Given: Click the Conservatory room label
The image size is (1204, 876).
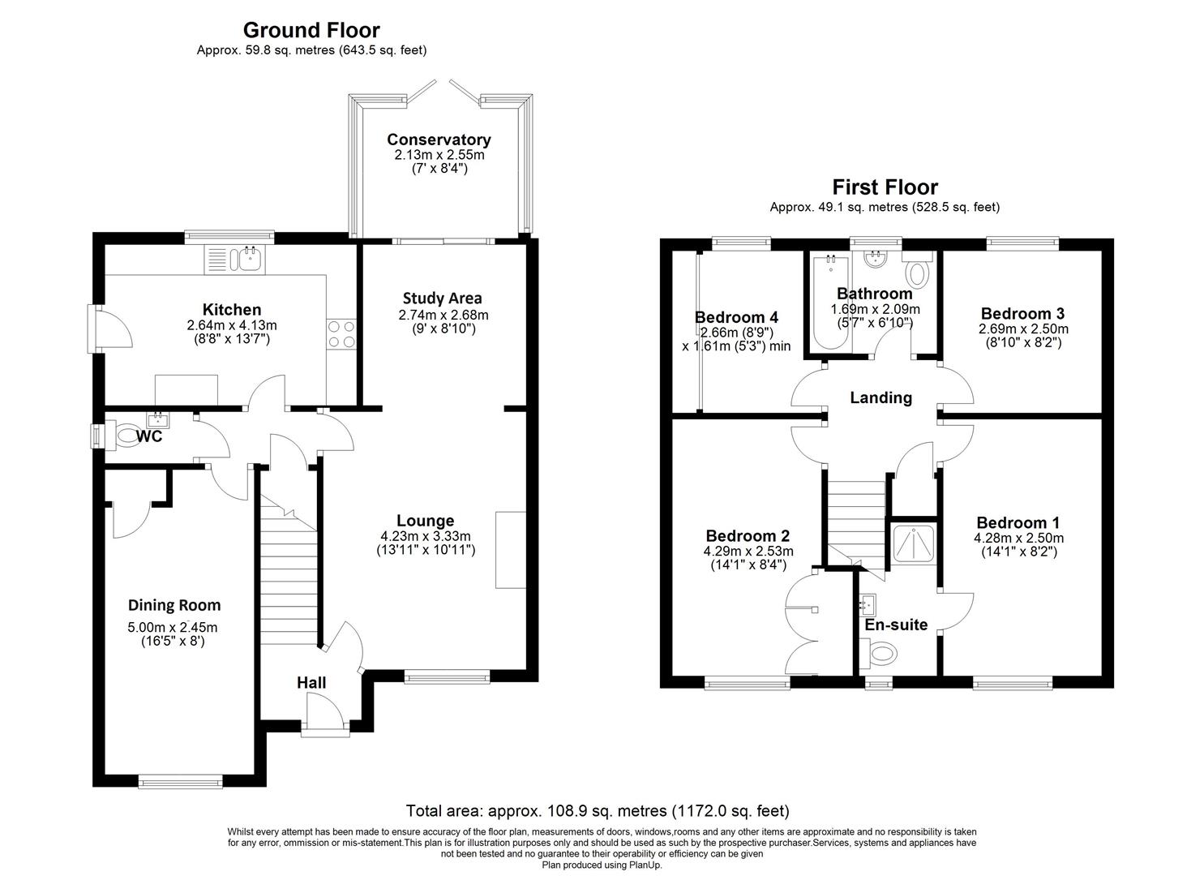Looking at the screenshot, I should click(x=439, y=140).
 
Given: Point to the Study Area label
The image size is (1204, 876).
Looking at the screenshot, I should click(x=443, y=298).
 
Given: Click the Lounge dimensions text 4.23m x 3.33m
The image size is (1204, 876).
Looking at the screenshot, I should click(x=426, y=536).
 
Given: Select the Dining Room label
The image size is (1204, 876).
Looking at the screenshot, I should click(x=174, y=605).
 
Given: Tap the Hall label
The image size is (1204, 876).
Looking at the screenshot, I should click(x=311, y=683).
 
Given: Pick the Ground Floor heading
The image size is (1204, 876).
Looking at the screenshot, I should click(x=311, y=31).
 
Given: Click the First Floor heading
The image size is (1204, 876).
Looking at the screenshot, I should click(x=885, y=187).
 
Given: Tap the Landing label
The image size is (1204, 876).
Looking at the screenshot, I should click(x=881, y=397).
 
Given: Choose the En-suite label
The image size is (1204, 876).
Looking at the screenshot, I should click(x=896, y=625).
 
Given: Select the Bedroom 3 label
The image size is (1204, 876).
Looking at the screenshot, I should click(x=1022, y=313).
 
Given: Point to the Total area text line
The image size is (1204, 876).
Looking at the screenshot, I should click(x=598, y=810).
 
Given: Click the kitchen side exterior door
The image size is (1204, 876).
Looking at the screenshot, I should click(x=109, y=327).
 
